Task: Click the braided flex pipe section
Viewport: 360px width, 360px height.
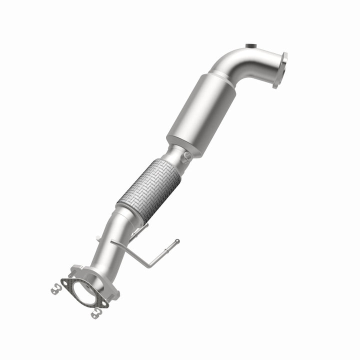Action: pos(149,188)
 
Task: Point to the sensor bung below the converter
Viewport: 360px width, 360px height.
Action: pos(187,157)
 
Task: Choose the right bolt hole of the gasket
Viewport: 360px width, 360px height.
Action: pos(103,302)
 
